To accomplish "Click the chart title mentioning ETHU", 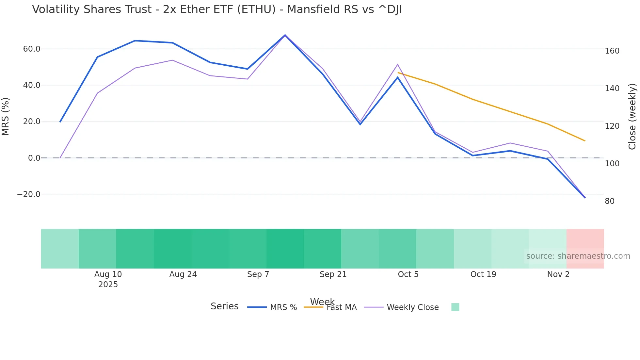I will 217,9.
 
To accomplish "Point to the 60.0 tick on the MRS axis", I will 32,49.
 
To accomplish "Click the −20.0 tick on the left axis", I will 29,194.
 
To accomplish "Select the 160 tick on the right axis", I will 612,51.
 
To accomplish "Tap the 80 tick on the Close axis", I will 610,201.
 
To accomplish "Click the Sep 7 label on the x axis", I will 258,274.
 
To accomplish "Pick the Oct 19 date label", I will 483,274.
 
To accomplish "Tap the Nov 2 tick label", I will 558,274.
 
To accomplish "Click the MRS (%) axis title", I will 6,116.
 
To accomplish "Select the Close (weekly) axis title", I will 632,117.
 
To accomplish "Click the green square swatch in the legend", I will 455,307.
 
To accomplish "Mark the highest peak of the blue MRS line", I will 285,35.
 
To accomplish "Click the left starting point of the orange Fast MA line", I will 398,73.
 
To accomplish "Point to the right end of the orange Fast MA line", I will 585,141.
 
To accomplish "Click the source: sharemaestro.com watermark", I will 578,256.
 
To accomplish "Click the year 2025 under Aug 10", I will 108,285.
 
